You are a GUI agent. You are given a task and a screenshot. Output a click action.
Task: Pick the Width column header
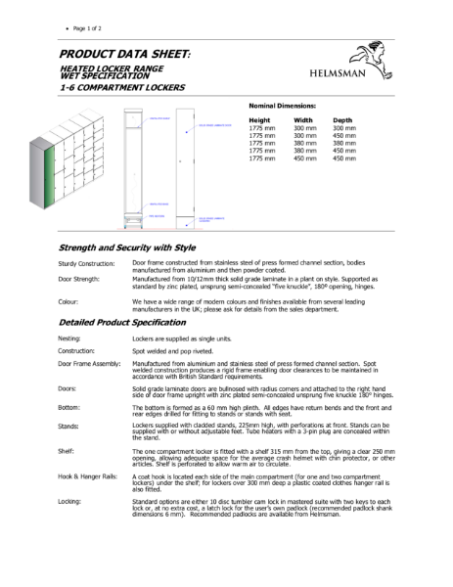click(x=302, y=119)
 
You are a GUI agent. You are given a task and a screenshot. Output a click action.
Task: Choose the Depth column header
click(x=342, y=119)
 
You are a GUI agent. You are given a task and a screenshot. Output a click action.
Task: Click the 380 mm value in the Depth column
click(x=343, y=143)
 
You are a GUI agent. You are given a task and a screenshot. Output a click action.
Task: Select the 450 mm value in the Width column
click(x=305, y=158)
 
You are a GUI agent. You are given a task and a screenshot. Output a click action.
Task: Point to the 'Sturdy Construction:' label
click(x=86, y=264)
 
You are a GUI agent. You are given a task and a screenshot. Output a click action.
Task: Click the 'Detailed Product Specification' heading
click(x=127, y=322)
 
